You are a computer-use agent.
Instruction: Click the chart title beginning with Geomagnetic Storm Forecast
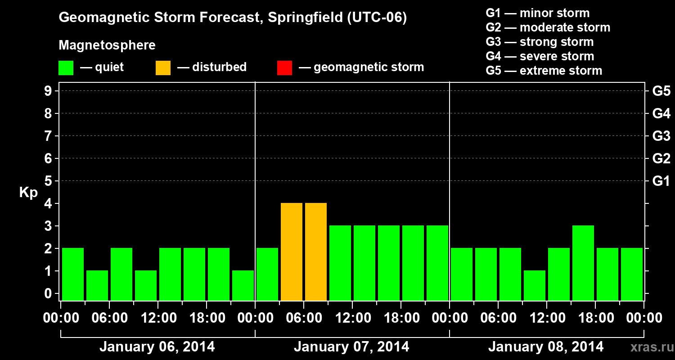[x=233, y=18]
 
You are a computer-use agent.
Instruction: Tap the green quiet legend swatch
[x=66, y=68]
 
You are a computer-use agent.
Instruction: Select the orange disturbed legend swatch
[x=163, y=68]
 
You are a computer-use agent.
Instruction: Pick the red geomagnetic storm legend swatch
[x=284, y=68]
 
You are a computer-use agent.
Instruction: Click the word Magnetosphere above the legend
[x=107, y=45]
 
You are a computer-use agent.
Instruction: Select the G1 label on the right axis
[x=661, y=181]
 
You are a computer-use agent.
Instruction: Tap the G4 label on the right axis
[x=661, y=114]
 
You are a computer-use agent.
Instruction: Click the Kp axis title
[x=28, y=193]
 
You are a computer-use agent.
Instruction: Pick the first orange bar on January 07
[x=292, y=252]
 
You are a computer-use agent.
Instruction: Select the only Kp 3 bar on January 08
[x=583, y=263]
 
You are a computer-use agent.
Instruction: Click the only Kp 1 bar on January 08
[x=535, y=285]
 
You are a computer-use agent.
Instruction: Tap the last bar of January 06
[x=243, y=285]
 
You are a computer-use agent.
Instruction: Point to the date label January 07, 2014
[x=351, y=347]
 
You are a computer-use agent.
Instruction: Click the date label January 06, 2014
[x=157, y=347]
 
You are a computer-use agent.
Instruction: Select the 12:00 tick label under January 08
[x=546, y=318]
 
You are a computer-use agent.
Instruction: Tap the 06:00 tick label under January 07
[x=303, y=318]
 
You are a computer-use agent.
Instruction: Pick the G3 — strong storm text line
[x=540, y=42]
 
